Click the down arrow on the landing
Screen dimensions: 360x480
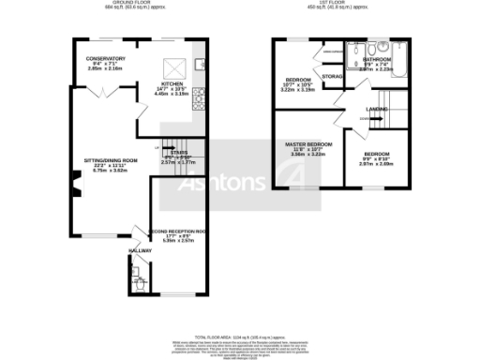point(363,118)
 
